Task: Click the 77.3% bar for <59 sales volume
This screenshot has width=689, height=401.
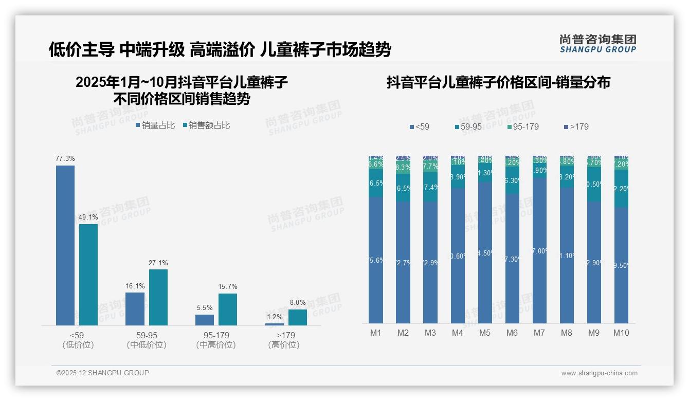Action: point(65,245)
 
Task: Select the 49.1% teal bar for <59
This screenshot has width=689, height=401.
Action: point(88,275)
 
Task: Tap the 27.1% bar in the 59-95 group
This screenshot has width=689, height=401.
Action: point(158,297)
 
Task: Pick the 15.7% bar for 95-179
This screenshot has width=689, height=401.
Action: point(228,309)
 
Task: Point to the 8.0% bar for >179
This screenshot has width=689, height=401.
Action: point(297,317)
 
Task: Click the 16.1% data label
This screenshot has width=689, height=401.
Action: point(135,286)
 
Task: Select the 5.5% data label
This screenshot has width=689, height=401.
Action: point(205,308)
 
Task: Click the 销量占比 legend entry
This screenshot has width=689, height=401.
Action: point(155,125)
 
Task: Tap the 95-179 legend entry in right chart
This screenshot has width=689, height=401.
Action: point(522,126)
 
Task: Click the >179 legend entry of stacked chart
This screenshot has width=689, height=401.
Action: point(576,126)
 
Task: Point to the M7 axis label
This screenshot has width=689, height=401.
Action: point(539,333)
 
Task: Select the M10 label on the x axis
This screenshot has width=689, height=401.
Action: point(621,333)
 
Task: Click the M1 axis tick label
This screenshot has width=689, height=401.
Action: point(376,333)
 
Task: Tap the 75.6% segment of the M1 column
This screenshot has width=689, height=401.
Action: point(376,260)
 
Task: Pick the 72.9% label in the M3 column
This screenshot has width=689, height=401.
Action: point(430,263)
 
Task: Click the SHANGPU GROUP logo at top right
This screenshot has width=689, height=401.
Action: point(597,44)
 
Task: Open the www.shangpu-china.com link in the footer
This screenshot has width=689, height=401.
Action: point(599,373)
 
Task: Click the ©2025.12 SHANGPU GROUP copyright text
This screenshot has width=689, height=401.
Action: point(103,373)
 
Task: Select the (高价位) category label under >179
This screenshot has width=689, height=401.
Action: point(283,345)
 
